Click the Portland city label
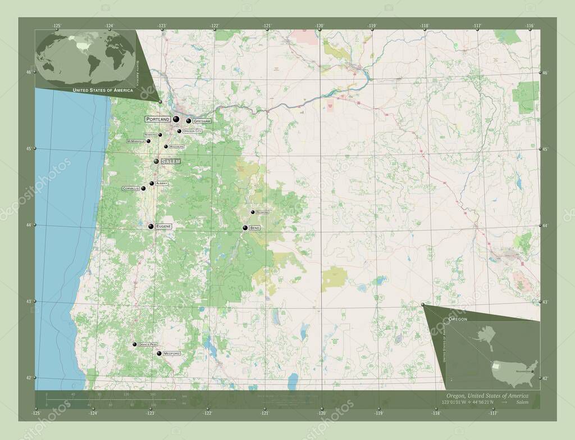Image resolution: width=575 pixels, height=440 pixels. (x=158, y=119)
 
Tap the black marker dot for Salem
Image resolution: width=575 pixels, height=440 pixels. (x=157, y=161)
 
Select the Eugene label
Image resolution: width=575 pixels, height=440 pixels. (x=163, y=226)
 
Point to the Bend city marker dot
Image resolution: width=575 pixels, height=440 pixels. (x=245, y=228)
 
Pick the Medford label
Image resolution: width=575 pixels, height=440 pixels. (x=171, y=353)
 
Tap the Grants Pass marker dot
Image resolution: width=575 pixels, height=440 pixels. (x=135, y=344)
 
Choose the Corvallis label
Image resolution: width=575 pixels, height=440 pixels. (x=130, y=189)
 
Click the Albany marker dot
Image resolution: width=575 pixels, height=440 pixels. (x=152, y=183)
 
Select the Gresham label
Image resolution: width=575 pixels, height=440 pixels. (x=202, y=121)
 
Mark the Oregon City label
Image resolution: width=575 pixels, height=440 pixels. (x=192, y=131)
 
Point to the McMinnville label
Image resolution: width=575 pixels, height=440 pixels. (x=136, y=141)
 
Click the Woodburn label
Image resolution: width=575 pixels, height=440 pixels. (x=176, y=147)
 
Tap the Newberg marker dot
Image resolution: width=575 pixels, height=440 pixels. (x=160, y=135)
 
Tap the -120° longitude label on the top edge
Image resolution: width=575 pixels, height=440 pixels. (x=320, y=26)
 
